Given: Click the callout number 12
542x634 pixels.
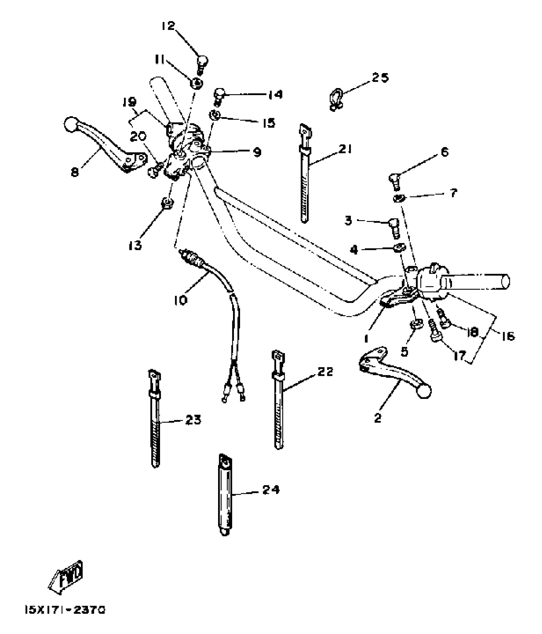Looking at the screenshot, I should click(168, 26).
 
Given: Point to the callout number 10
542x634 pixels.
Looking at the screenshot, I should click(181, 300).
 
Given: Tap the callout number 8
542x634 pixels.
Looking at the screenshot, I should click(75, 173).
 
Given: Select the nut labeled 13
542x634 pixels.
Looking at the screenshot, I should click(167, 202).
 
